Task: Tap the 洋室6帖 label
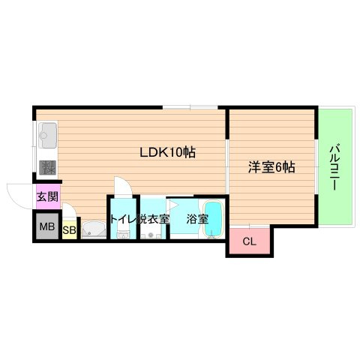(x=271, y=168)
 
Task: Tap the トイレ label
(x=121, y=219)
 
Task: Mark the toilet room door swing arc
(x=121, y=185)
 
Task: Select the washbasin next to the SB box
(x=93, y=229)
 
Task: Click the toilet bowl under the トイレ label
(x=123, y=234)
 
